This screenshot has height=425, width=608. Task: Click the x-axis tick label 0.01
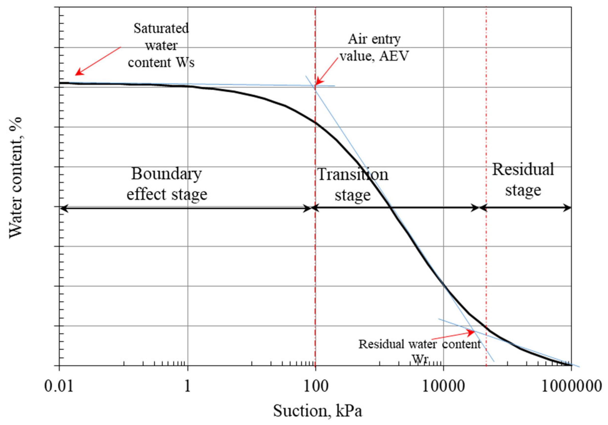59,387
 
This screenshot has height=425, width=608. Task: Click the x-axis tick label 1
188,387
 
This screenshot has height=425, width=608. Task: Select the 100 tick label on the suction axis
315,387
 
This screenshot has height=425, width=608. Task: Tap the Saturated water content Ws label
161,45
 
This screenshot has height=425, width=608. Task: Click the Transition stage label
353,185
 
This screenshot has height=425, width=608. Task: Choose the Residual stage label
523,179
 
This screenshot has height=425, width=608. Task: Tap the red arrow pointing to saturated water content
98,61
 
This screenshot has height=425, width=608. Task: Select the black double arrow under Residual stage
525,208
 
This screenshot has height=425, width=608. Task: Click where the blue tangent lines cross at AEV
315,86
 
